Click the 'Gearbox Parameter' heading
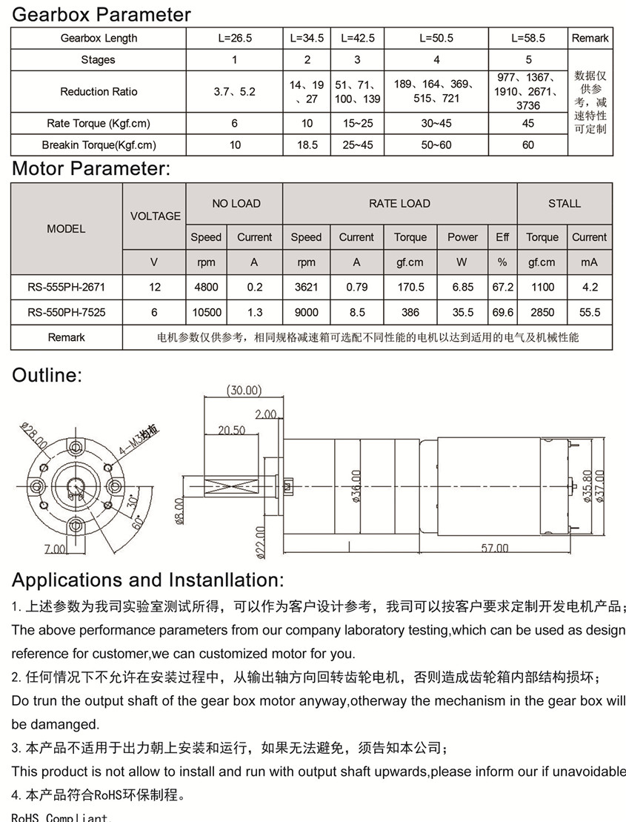(x=101, y=14)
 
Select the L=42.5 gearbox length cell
(x=357, y=38)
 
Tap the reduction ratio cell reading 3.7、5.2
(x=234, y=92)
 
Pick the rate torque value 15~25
(x=357, y=124)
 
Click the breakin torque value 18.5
(x=307, y=145)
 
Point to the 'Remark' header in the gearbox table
(x=590, y=38)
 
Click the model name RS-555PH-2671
(x=66, y=287)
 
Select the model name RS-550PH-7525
(x=66, y=313)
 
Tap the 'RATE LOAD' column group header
(x=399, y=203)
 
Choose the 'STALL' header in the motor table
(x=565, y=203)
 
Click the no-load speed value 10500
(x=206, y=313)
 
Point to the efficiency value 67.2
(x=502, y=287)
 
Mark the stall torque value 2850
(x=542, y=313)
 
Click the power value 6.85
(x=462, y=287)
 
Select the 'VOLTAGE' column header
(x=155, y=216)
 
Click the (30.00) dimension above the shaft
(x=244, y=390)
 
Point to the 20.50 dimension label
(x=232, y=430)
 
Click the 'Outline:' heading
(x=47, y=375)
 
